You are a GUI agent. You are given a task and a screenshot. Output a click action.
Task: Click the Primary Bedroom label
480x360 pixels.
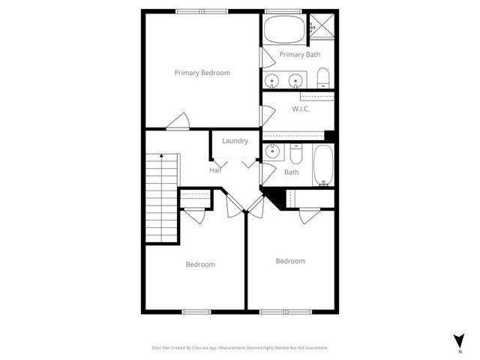202,73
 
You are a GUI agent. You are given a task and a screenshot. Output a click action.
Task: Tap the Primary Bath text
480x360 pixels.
300,55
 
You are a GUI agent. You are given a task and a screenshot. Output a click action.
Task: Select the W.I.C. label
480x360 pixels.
301,109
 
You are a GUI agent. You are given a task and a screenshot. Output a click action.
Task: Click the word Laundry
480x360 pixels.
235,141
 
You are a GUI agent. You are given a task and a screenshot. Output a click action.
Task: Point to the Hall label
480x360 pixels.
215,170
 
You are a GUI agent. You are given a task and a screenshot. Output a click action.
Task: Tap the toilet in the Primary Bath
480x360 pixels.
323,78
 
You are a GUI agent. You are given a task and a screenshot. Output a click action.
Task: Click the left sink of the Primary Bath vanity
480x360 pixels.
271,80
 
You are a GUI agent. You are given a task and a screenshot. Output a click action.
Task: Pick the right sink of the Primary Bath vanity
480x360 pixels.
296,80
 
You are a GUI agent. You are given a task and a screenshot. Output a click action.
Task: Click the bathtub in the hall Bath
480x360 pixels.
323,165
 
